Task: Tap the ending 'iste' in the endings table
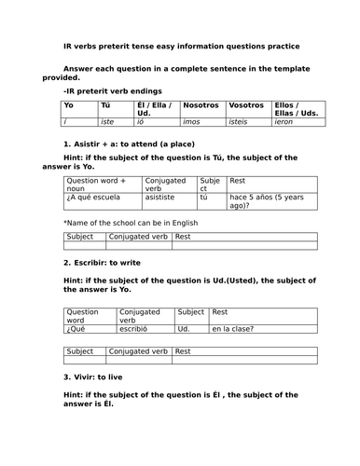tap(109, 121)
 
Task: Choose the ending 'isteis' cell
tap(242, 121)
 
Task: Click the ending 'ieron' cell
tap(285, 121)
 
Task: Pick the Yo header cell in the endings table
tap(69, 105)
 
